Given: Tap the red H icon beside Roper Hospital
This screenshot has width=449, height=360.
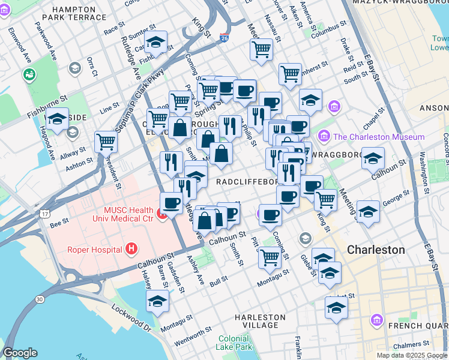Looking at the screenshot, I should click(131, 249).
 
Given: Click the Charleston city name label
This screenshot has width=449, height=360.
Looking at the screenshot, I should click(376, 250).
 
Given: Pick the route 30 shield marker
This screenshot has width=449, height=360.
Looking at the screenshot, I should click(40, 299).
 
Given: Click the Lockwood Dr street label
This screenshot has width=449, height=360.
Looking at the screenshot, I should click(130, 318).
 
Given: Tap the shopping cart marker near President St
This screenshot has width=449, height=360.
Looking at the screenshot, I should click(106, 142).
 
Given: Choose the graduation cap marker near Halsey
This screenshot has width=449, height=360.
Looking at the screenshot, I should click(157, 301).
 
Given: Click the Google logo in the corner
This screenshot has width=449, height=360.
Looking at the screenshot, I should click(20, 353).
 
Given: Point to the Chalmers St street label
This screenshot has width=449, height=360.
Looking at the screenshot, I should click(409, 346).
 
